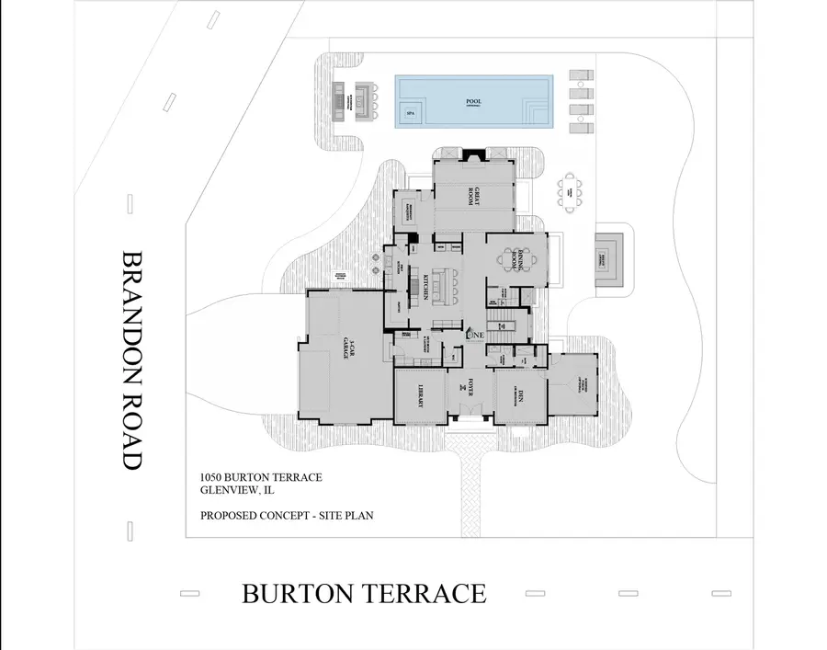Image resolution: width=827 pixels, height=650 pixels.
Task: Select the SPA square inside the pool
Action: [x=410, y=116]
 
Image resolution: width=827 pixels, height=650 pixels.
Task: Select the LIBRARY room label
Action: [x=420, y=395]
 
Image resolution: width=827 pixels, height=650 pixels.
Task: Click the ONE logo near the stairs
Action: [x=475, y=336]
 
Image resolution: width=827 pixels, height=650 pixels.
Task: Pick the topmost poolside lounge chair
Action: [x=578, y=75]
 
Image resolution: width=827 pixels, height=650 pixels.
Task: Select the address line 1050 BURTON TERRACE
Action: [x=261, y=477]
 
